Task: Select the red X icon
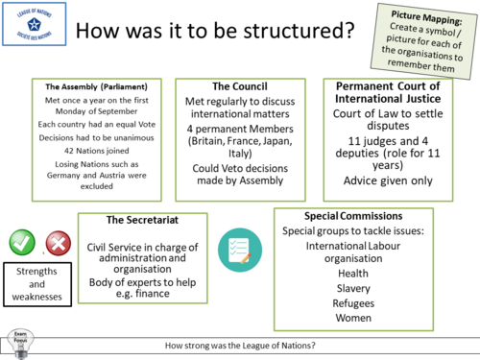[x=58, y=242]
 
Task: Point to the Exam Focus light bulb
[x=17, y=341]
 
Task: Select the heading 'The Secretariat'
[x=138, y=220]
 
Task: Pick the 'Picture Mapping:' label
[x=430, y=17]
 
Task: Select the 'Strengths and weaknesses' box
[x=40, y=283]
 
